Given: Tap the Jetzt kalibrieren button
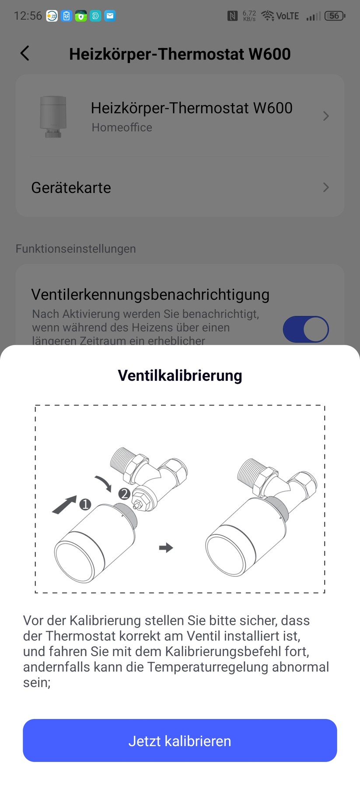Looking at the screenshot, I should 180,740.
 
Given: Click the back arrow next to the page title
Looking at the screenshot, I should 25,53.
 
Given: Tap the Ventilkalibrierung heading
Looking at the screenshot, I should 180,375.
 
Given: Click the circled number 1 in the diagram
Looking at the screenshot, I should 85,505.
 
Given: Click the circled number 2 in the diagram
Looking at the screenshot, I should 124,494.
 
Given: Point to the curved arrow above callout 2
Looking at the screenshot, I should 104,483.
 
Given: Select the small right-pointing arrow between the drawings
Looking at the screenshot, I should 166,547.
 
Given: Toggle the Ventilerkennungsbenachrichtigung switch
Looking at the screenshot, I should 306,329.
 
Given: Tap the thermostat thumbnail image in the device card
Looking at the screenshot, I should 53,116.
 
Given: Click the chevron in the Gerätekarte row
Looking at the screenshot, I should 326,187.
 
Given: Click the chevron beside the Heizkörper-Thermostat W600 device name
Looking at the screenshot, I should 326,116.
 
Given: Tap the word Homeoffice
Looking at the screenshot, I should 122,127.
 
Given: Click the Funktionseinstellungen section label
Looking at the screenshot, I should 76,249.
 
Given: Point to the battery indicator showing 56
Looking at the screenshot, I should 335,16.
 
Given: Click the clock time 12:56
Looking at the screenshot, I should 28,16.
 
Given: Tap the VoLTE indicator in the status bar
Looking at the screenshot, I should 287,16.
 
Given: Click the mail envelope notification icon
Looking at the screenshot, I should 110,16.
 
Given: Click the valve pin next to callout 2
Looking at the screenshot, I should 139,504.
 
